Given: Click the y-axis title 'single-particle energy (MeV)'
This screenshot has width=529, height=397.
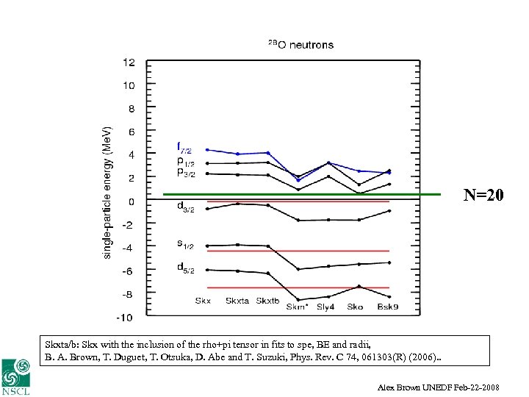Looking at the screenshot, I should [x=107, y=190].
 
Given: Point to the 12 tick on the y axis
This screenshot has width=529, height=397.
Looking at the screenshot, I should [x=129, y=62].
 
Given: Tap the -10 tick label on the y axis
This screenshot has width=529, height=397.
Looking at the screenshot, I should [x=125, y=318].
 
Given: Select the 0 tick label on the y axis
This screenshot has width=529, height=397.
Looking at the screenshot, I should [x=132, y=201].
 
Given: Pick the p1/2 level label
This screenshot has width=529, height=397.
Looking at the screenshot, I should [x=185, y=160].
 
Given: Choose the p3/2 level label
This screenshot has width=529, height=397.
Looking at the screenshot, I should [x=185, y=171].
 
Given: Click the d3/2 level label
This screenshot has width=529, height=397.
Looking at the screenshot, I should [x=185, y=209].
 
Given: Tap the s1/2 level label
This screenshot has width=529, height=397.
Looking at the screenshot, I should [x=185, y=242].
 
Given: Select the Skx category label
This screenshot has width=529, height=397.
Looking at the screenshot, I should [x=204, y=301].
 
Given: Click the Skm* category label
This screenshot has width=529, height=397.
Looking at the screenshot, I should [x=298, y=307].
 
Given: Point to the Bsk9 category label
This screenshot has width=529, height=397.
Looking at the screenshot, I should [x=389, y=307].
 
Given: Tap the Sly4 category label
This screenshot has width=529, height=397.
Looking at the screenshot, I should [x=325, y=307].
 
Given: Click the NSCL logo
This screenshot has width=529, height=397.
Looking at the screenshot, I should [x=15, y=378].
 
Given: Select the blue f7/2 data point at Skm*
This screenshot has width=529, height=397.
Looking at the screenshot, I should [x=298, y=180].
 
